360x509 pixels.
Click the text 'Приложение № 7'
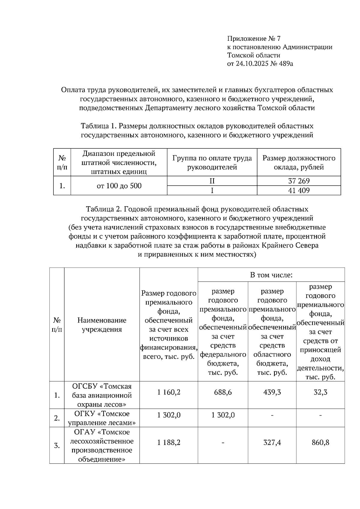coord(254,39)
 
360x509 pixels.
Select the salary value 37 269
coord(299,181)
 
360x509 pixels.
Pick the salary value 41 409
coord(299,191)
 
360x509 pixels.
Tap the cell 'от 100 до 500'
coord(119,186)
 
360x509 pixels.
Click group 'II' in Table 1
coord(212,181)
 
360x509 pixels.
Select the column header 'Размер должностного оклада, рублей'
coord(299,162)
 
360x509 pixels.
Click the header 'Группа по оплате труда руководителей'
coord(212,162)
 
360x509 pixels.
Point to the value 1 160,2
coord(169,392)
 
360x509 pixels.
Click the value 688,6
coord(223,392)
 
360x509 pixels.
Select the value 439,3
coord(272,392)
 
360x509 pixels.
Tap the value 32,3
coord(320,392)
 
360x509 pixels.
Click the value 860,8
coord(320,442)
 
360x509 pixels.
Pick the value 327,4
coord(272,442)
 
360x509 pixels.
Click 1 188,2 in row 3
coord(169,442)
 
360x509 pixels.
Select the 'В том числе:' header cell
coord(271,275)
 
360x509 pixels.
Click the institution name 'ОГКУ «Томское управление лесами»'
coord(102,418)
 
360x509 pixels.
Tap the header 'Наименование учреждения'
coord(102,325)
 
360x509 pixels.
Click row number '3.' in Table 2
coord(57,446)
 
